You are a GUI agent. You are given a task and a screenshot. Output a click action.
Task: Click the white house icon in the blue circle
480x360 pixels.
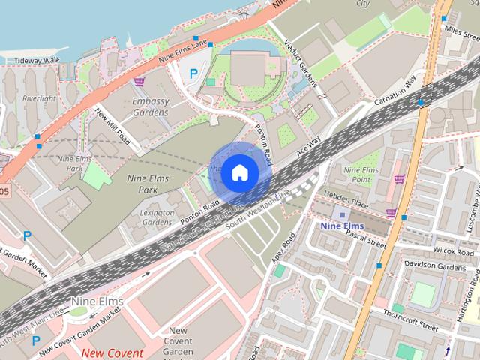(239, 173)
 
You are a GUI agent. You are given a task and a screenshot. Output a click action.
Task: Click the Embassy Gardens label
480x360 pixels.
(150, 106)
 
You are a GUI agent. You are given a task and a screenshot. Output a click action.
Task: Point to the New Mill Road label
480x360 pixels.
(112, 126)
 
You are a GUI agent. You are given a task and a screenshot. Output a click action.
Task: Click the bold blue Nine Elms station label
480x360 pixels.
(341, 225)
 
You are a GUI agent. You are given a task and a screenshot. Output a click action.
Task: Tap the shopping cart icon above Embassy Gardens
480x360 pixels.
(139, 80)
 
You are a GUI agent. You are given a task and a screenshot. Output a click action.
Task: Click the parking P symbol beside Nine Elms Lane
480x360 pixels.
(193, 73)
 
